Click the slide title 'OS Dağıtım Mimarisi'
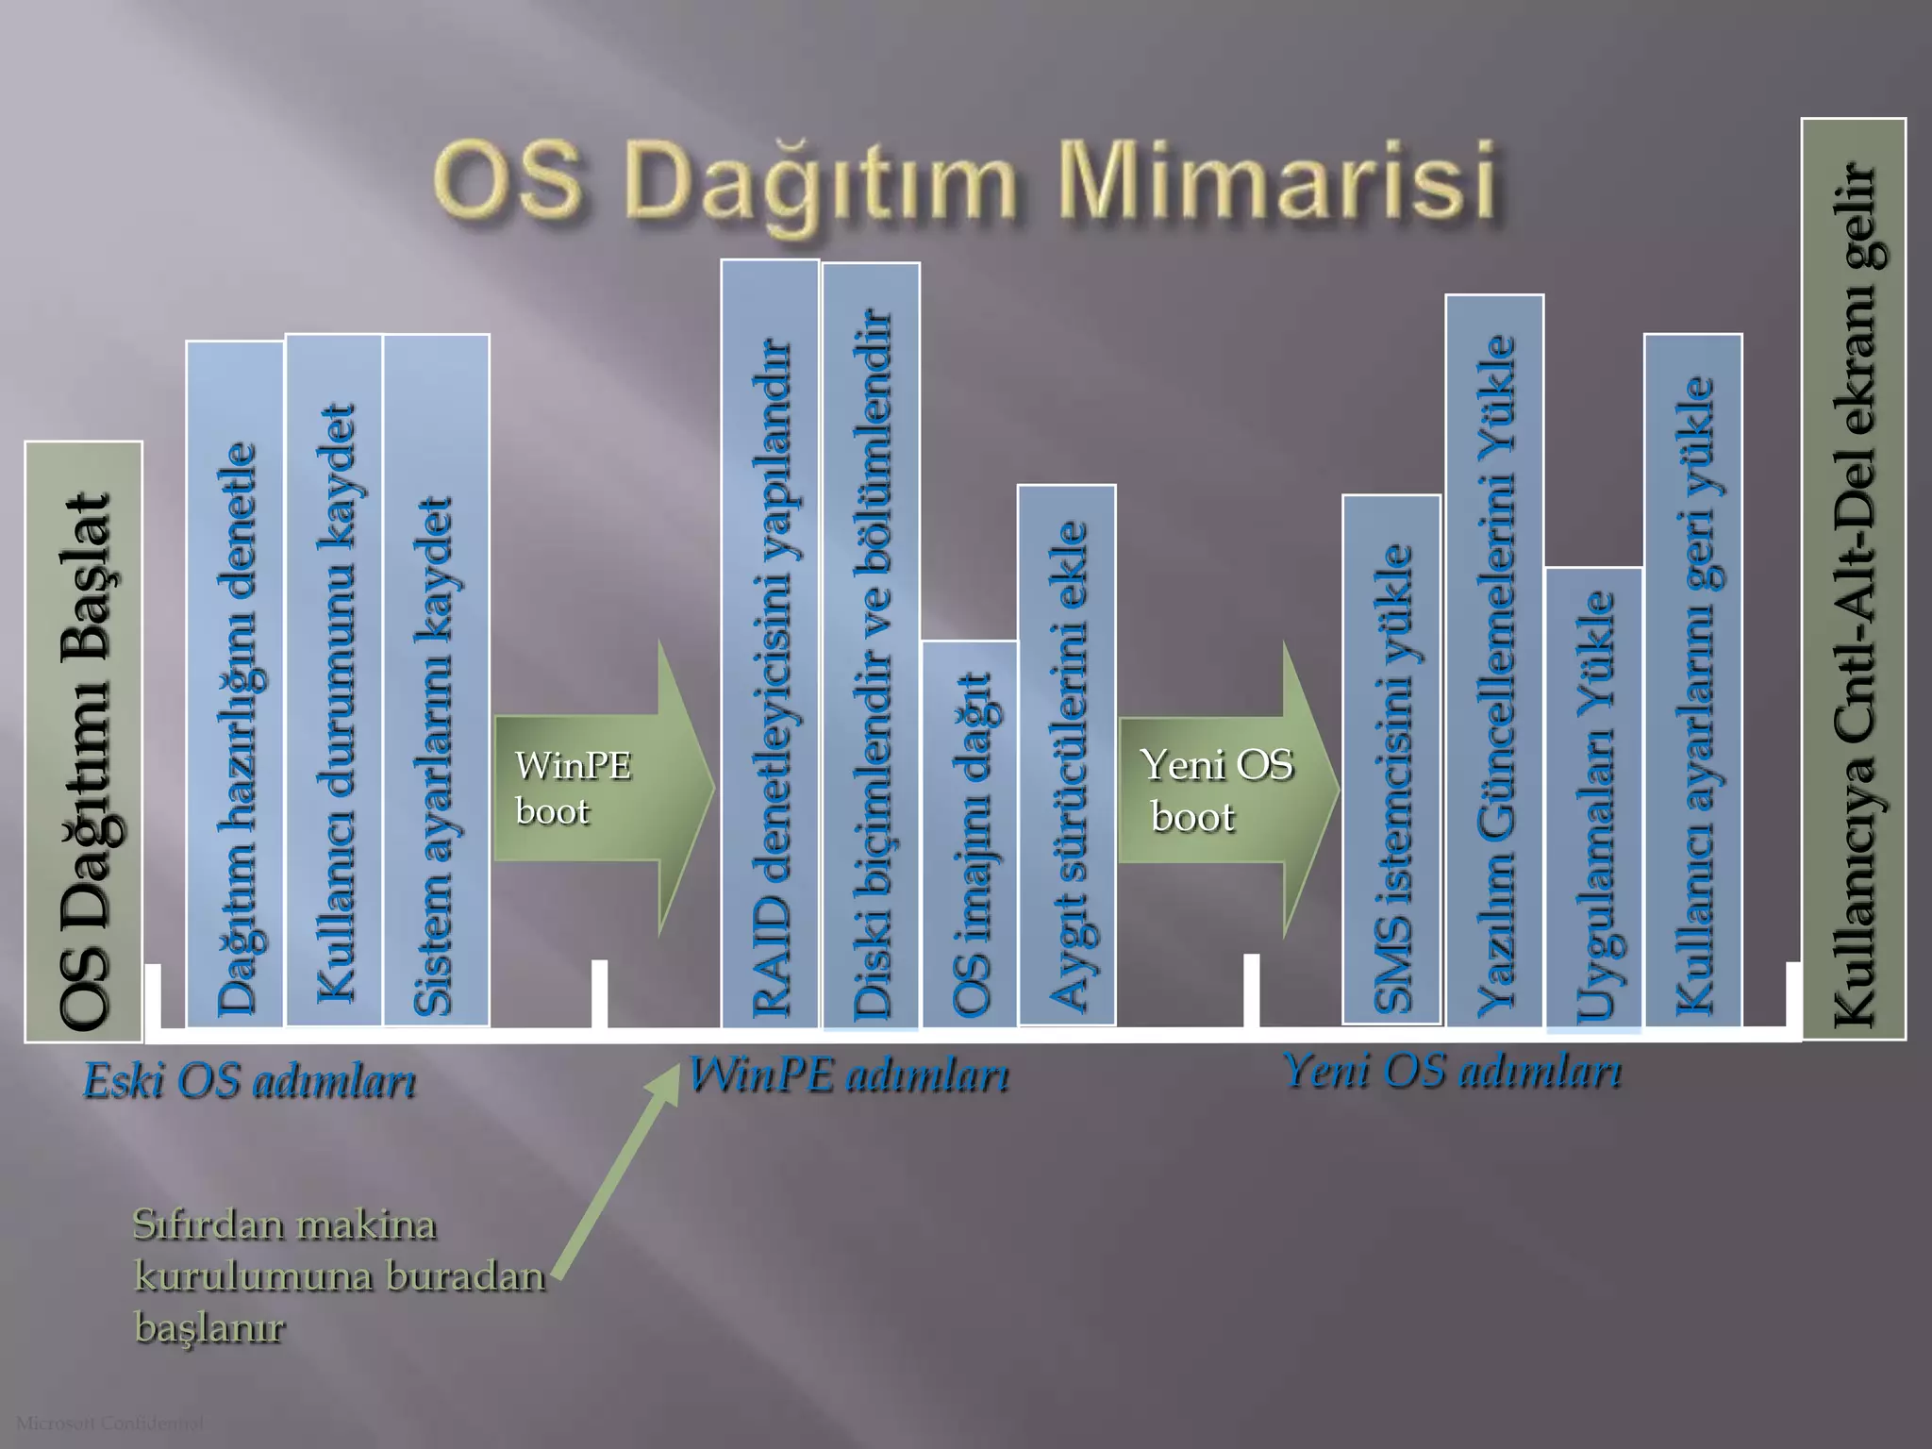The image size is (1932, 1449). pos(964,179)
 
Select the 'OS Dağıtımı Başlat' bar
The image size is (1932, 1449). pos(84,741)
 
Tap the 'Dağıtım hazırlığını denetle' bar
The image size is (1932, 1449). pos(235,684)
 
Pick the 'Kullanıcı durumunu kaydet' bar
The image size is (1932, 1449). pos(334,679)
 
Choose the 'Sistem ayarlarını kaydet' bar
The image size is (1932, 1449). pos(436,679)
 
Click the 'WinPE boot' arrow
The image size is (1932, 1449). pos(604,789)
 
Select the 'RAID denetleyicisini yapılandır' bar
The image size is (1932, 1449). pos(770,643)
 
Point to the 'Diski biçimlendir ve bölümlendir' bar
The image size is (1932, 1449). pos(871,645)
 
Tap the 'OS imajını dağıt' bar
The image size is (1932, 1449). pos(970,834)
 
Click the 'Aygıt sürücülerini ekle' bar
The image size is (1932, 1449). pos(1067,755)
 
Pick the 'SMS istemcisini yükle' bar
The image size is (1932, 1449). pos(1391,759)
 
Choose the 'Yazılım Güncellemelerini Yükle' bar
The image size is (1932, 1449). pos(1494,660)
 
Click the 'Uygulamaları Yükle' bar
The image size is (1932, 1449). pos(1594,797)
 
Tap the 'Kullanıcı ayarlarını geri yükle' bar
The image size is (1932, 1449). pos(1693,679)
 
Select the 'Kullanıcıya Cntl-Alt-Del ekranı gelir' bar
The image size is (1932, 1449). pos(1854,579)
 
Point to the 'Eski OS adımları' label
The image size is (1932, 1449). pos(249,1081)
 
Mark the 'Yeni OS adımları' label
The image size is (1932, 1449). pos(1453,1072)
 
